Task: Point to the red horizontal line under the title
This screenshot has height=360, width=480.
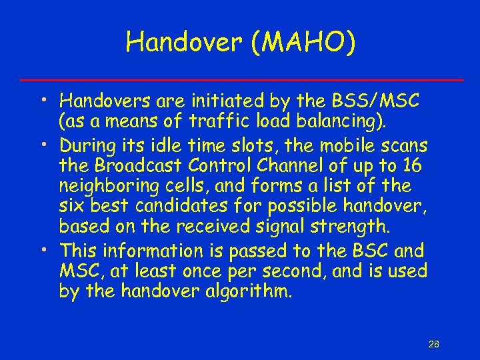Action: click(x=240, y=80)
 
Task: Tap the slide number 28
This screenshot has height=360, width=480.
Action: click(x=433, y=344)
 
